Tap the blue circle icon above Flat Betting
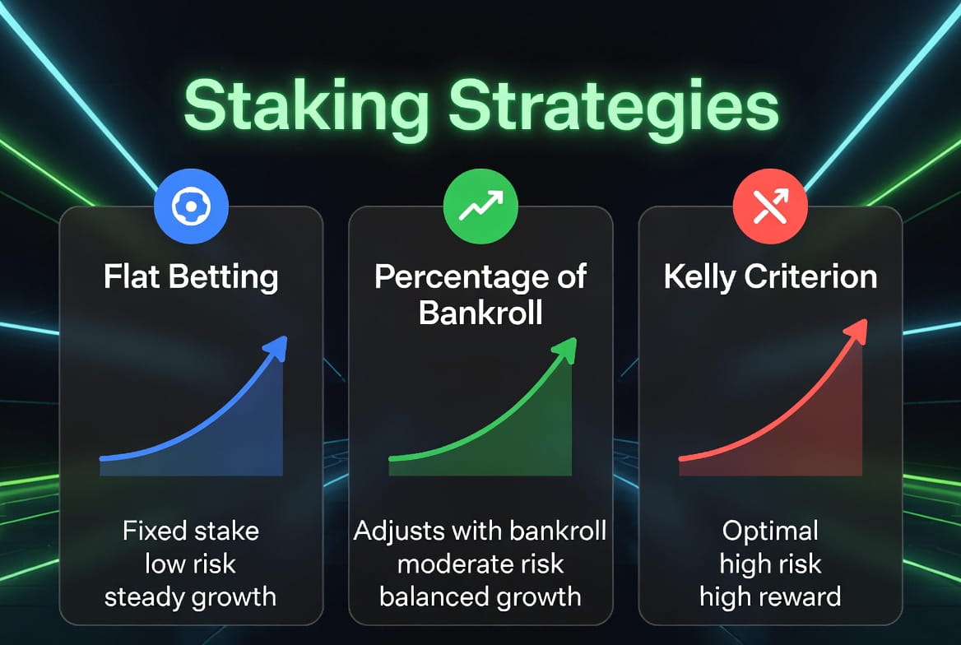[191, 206]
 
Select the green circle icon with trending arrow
[480, 206]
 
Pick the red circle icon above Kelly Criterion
[770, 206]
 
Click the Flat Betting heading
[191, 277]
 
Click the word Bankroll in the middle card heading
[480, 313]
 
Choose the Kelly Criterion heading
[770, 277]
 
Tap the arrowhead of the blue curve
[276, 348]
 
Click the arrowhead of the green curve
[565, 350]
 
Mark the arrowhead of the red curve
[856, 332]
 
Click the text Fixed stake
[191, 531]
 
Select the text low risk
[190, 564]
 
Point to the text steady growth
[190, 597]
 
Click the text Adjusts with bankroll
[480, 531]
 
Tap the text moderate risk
[480, 564]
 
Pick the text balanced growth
[480, 597]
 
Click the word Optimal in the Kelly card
[770, 531]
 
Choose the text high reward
[770, 597]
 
